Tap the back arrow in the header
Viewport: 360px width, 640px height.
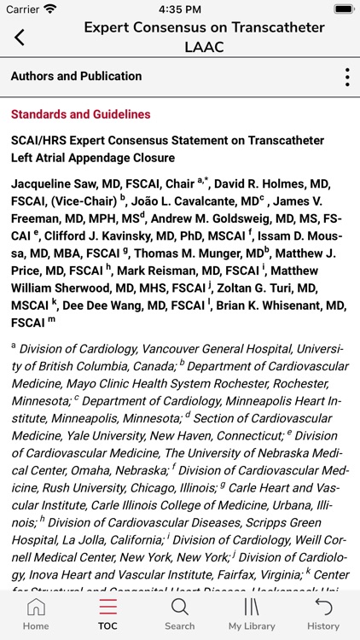[20, 37]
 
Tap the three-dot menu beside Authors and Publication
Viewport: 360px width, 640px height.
[347, 77]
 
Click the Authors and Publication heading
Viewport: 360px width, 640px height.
[76, 77]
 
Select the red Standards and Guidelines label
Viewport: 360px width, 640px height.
[80, 114]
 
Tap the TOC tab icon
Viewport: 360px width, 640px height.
[107, 608]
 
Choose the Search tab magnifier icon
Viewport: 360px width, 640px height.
[179, 608]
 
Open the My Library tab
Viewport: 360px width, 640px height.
[252, 608]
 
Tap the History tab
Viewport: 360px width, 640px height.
[323, 608]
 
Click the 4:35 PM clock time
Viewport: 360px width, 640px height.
[179, 9]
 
